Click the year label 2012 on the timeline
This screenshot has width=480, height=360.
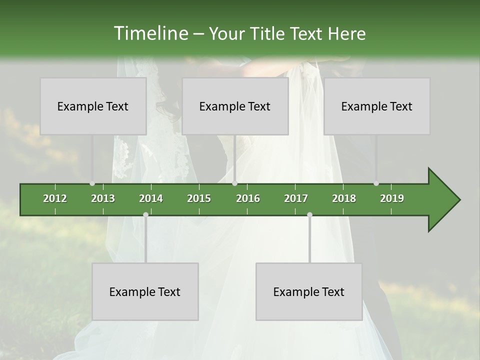tap(55, 198)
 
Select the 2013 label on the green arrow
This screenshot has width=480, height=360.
tap(103, 198)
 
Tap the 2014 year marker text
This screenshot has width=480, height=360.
tap(151, 198)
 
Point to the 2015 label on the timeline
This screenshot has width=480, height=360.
tap(199, 198)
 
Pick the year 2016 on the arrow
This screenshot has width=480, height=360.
tap(248, 198)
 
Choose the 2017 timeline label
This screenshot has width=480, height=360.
tap(296, 198)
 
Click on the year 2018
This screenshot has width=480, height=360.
tap(344, 198)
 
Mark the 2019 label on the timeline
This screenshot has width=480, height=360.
tap(392, 198)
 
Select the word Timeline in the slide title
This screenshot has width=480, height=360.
tap(150, 33)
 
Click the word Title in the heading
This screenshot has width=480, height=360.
tap(268, 33)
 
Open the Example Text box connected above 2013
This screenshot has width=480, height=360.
tap(93, 106)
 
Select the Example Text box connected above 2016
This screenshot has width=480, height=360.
tap(235, 106)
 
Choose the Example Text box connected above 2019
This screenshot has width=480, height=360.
tap(377, 106)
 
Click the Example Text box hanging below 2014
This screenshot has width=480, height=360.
tap(145, 292)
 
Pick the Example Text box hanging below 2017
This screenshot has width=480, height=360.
tap(309, 292)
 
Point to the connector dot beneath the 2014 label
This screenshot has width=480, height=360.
tap(145, 214)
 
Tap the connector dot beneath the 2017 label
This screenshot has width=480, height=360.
tap(309, 214)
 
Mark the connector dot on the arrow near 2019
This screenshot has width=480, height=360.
tap(376, 183)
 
